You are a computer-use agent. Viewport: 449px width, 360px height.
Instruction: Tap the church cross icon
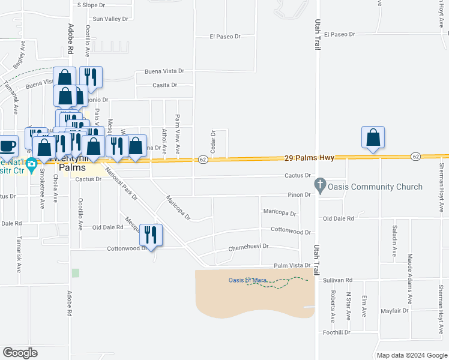tap(321, 187)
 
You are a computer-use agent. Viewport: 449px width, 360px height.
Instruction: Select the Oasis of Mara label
tap(247, 280)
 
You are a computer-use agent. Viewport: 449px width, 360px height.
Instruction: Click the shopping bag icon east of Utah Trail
tap(373, 137)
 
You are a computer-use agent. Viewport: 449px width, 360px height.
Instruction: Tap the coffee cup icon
tap(8, 146)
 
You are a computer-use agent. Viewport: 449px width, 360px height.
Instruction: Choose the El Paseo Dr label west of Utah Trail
tap(225, 37)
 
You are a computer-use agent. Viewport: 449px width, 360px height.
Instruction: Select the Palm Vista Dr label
tap(291, 265)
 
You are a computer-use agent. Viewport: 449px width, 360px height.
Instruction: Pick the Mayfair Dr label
tap(394, 311)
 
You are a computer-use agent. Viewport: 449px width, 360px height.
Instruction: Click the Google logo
tap(20, 353)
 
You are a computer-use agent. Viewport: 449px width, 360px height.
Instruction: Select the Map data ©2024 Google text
tap(412, 355)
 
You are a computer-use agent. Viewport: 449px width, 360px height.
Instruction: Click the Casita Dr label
tap(164, 85)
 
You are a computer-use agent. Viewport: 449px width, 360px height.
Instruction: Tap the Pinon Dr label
tap(299, 195)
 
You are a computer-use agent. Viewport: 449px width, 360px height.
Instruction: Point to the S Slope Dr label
tap(91, 5)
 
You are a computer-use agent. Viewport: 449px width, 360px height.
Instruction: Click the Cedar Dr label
tap(212, 142)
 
